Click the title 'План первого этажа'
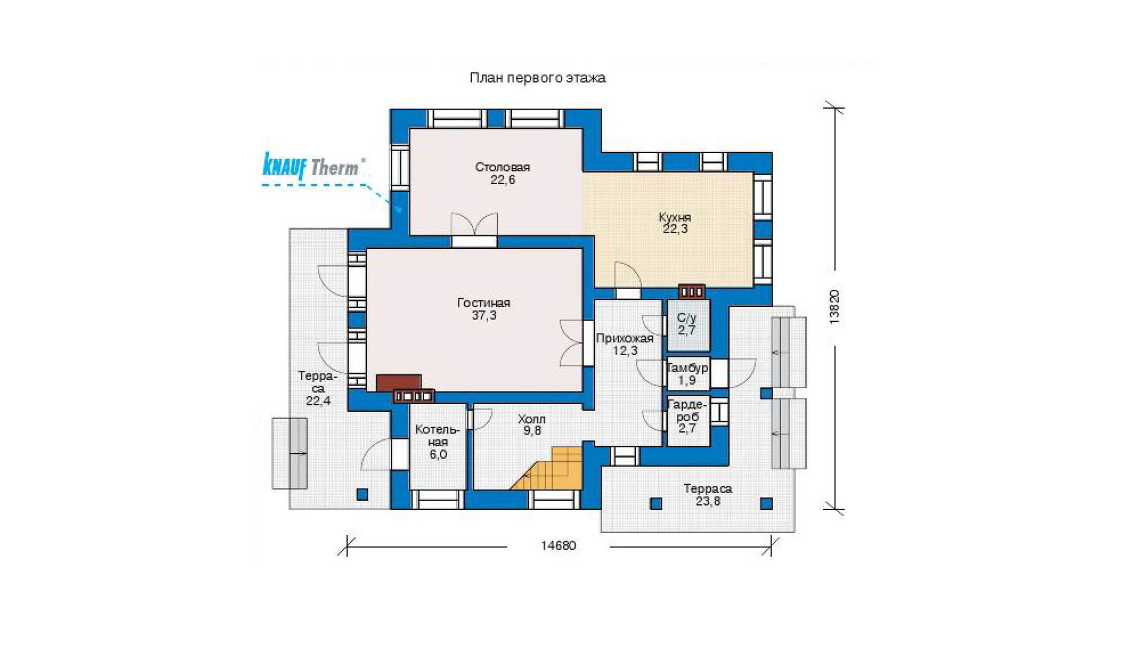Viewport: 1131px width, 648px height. (537, 77)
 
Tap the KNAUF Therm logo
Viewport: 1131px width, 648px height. (313, 166)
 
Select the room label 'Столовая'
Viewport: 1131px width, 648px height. (502, 167)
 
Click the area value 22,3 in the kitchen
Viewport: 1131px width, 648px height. (675, 229)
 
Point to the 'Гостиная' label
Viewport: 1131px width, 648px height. (484, 303)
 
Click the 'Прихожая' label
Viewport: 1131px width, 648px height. (625, 339)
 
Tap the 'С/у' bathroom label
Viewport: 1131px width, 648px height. (687, 318)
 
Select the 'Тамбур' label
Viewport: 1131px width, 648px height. (687, 368)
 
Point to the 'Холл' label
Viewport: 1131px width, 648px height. (532, 419)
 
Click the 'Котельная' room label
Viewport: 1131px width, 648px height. (438, 436)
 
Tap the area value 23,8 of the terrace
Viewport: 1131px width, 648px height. (708, 502)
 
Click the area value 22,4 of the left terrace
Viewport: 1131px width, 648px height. (318, 401)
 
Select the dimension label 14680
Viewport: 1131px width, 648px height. (558, 546)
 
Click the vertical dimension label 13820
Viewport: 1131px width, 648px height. (834, 307)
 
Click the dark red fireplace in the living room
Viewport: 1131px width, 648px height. (399, 382)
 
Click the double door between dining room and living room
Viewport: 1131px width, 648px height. (474, 230)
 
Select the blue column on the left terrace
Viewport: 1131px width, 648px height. (362, 495)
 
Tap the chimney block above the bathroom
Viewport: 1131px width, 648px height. (692, 291)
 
